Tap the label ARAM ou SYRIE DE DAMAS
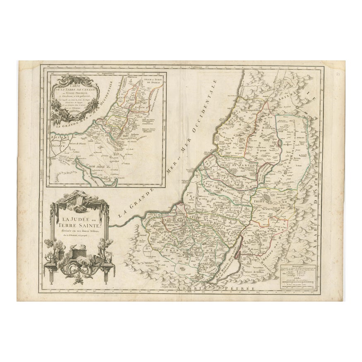[x=152, y=81]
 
